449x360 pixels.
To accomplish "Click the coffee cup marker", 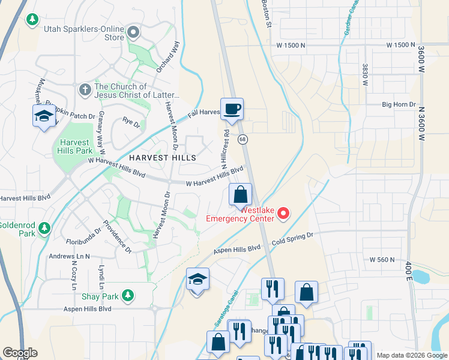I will coord(232,109).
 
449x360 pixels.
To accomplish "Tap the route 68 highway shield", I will coord(243,139).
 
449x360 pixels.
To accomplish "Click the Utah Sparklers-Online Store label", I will coord(83,33).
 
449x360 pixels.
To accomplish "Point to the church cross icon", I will coord(85,91).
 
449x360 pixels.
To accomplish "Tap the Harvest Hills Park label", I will coord(76,146).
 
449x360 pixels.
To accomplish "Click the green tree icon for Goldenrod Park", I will coord(44,228).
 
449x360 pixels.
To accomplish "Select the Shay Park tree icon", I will coord(127,295).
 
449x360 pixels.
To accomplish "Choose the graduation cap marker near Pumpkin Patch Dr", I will coord(43,116).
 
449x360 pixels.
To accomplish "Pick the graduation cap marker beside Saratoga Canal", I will coord(197,280).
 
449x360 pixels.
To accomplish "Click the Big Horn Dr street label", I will coord(399,104).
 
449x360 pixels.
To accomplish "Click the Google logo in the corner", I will coord(20,353).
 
